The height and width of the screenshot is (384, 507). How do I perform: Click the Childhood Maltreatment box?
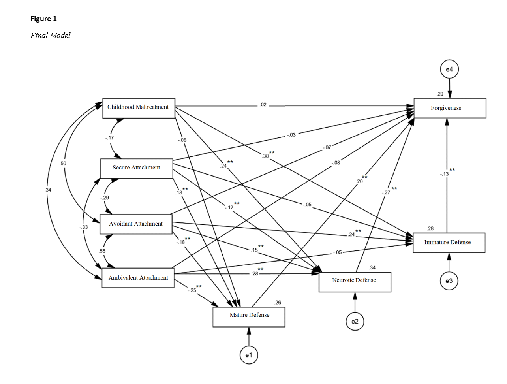(139, 108)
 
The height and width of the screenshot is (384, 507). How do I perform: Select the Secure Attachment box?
(137, 168)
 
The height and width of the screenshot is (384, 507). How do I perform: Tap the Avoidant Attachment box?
(136, 224)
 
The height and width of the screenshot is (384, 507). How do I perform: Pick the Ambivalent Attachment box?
(138, 278)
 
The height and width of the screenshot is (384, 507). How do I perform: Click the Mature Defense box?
(249, 317)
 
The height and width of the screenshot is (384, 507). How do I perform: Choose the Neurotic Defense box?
(355, 282)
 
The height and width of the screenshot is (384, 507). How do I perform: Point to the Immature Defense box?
(449, 243)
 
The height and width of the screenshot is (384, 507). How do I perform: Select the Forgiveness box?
(450, 108)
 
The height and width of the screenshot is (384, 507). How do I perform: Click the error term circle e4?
(449, 70)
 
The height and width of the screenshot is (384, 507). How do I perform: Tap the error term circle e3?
(449, 281)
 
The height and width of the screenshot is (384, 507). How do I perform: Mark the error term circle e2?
(355, 321)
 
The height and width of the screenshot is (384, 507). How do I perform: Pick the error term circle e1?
(249, 355)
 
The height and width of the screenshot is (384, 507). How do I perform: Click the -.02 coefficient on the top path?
(262, 105)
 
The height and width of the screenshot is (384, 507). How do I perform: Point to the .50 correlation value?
(63, 163)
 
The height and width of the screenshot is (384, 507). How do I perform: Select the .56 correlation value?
(102, 251)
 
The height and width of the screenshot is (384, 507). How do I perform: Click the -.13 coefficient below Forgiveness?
(445, 174)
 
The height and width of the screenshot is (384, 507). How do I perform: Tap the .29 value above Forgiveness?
(440, 94)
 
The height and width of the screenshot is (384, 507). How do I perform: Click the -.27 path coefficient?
(386, 192)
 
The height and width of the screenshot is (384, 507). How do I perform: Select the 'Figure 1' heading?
(43, 19)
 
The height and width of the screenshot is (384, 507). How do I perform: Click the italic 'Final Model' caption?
(50, 36)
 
